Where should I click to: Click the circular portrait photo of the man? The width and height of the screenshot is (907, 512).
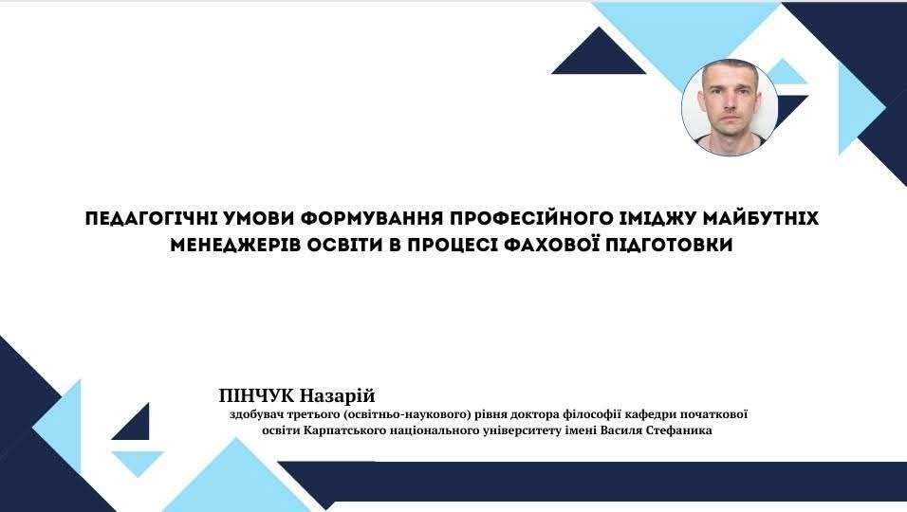[730, 107]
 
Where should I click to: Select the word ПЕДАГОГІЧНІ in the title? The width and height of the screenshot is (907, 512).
[151, 218]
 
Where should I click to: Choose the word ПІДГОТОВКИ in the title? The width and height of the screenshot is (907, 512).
[665, 245]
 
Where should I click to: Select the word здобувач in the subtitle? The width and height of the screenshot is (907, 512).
[254, 415]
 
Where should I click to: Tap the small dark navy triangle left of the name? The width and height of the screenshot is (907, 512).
[137, 426]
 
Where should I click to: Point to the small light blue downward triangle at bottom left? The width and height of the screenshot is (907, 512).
[138, 462]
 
